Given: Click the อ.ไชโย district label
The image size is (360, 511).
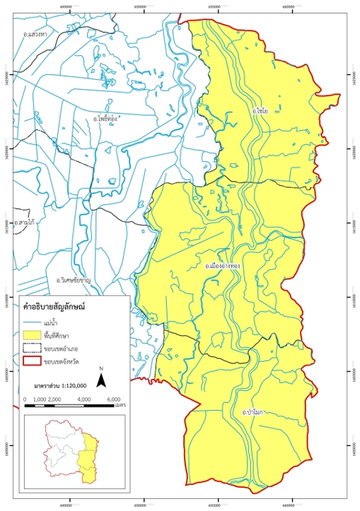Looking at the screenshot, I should pos(260,112).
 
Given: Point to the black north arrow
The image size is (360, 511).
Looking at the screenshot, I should pos(102,380).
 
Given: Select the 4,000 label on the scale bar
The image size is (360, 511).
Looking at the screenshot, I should pos(84,400).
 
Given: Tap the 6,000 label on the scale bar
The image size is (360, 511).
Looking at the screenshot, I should pos(112,400).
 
